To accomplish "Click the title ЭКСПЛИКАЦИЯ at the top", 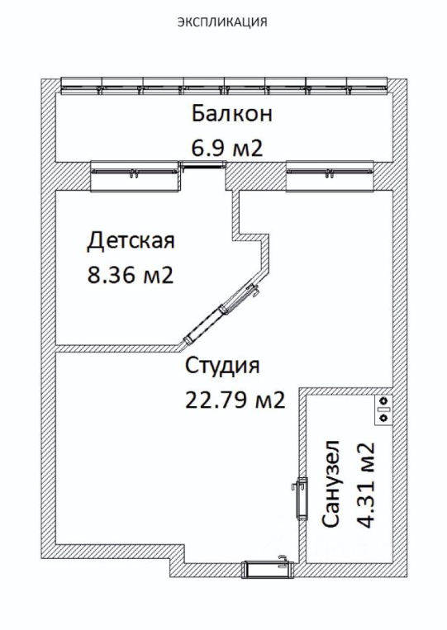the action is point(222,21).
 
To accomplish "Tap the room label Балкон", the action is point(232,113).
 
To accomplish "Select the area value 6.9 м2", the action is point(227,149).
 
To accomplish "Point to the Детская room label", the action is point(131,241).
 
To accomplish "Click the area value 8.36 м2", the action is point(131,276).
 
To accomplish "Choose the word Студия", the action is point(222,366).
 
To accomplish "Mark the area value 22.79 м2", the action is point(235,400).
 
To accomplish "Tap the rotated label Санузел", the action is point(331,484).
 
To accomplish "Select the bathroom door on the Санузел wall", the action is point(302,498).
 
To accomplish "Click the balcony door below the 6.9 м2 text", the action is point(203,164).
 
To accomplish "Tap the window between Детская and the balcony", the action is point(135,176).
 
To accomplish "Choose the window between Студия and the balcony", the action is point(330,176).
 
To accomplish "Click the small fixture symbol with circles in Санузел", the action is point(383,410).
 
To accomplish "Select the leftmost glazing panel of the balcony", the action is point(81,86).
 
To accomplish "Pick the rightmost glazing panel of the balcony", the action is point(368,86).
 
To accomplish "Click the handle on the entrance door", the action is point(283,559).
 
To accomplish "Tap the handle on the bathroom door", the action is point(294,486).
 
